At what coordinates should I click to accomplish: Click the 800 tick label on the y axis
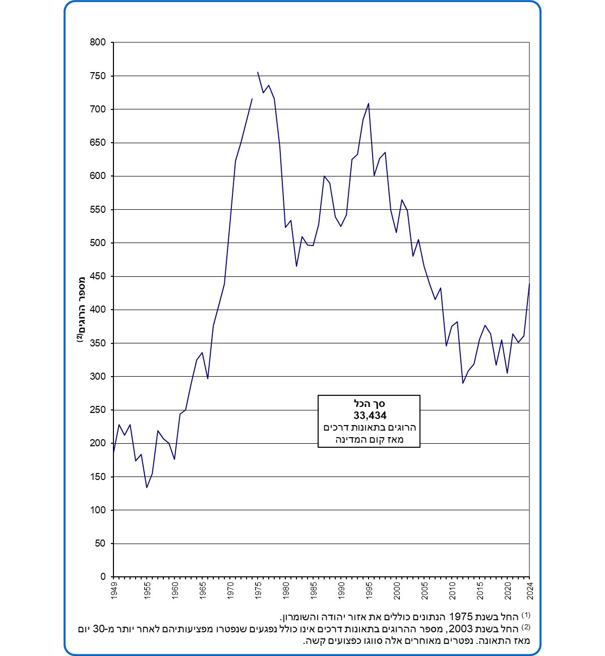pyautogui.click(x=98, y=42)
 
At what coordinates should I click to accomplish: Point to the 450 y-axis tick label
pyautogui.click(x=98, y=276)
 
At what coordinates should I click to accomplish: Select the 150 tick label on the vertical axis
pyautogui.click(x=98, y=476)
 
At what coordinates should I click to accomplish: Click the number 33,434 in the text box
pyautogui.click(x=370, y=416)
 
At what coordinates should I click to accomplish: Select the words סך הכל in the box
pyautogui.click(x=370, y=404)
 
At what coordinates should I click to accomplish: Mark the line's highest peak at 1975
pyautogui.click(x=258, y=72)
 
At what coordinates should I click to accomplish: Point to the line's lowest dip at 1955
pyautogui.click(x=147, y=488)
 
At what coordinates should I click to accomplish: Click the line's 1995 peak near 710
pyautogui.click(x=369, y=103)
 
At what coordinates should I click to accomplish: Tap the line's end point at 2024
pyautogui.click(x=529, y=284)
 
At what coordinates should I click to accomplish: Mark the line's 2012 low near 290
pyautogui.click(x=463, y=383)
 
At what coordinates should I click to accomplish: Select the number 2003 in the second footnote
pyautogui.click(x=461, y=629)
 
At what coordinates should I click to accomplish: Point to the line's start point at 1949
pyautogui.click(x=113, y=453)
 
